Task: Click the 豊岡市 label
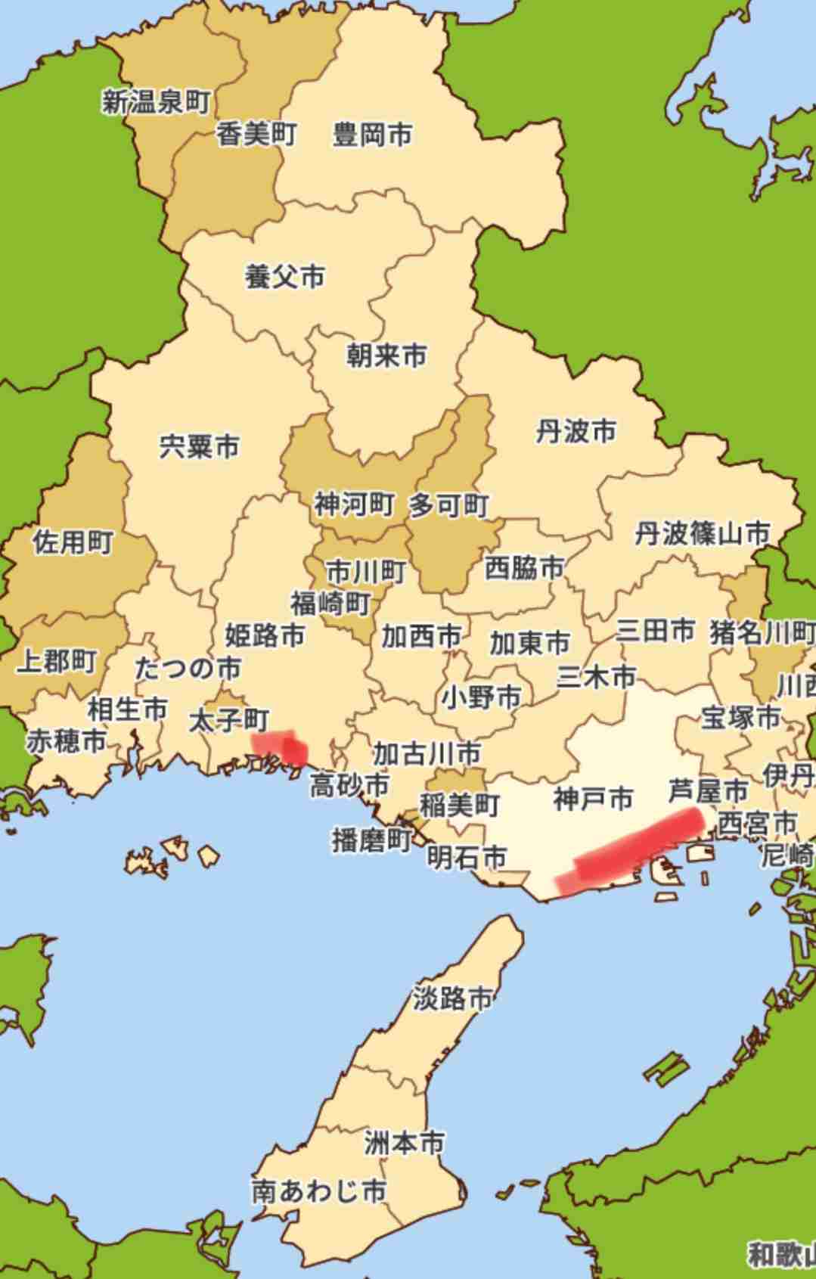click(372, 135)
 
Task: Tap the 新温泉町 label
click(156, 101)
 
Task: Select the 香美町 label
click(256, 135)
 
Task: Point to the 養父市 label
click(284, 276)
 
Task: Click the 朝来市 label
click(386, 355)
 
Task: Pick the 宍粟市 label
click(199, 445)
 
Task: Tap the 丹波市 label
click(576, 431)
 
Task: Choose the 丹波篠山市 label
click(702, 534)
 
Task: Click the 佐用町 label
click(73, 542)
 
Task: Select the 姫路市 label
click(265, 635)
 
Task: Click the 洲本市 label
click(404, 1142)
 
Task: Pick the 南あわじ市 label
click(319, 1191)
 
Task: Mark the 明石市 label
click(466, 857)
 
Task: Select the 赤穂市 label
click(67, 740)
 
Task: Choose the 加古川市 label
click(427, 753)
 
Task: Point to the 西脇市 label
click(523, 567)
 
